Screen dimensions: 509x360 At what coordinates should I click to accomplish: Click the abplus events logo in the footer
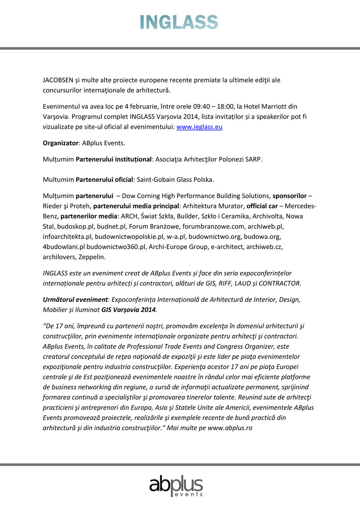(176, 487)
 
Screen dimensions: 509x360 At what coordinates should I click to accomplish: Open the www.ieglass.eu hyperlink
(199, 127)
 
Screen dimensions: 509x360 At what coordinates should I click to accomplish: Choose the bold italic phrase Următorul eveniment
(75, 300)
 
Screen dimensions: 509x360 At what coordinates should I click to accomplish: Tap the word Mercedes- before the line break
(302, 206)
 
